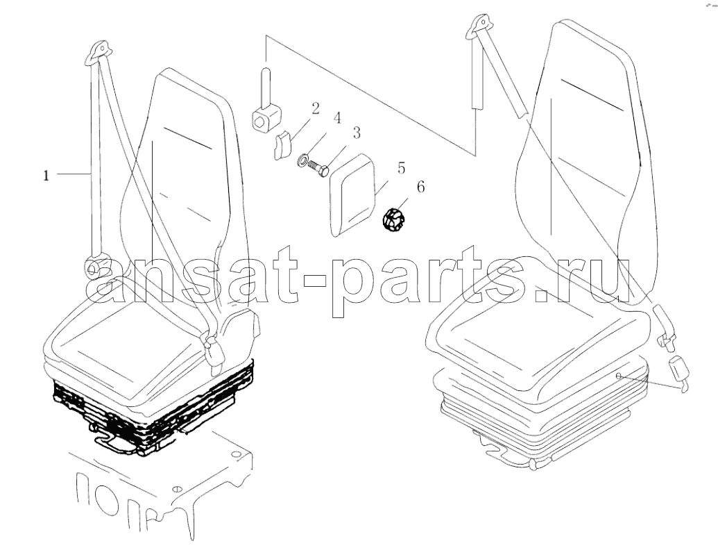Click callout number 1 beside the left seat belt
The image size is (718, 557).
click(46, 176)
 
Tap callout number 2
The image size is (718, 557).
click(316, 108)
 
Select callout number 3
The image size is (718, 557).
click(357, 133)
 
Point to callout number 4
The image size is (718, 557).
click(337, 118)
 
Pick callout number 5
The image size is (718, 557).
click(401, 168)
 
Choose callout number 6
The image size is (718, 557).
click(420, 187)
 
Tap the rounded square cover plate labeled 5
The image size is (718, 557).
click(352, 195)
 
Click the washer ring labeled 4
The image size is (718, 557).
click(303, 160)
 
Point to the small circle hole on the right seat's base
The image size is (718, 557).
click(618, 376)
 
